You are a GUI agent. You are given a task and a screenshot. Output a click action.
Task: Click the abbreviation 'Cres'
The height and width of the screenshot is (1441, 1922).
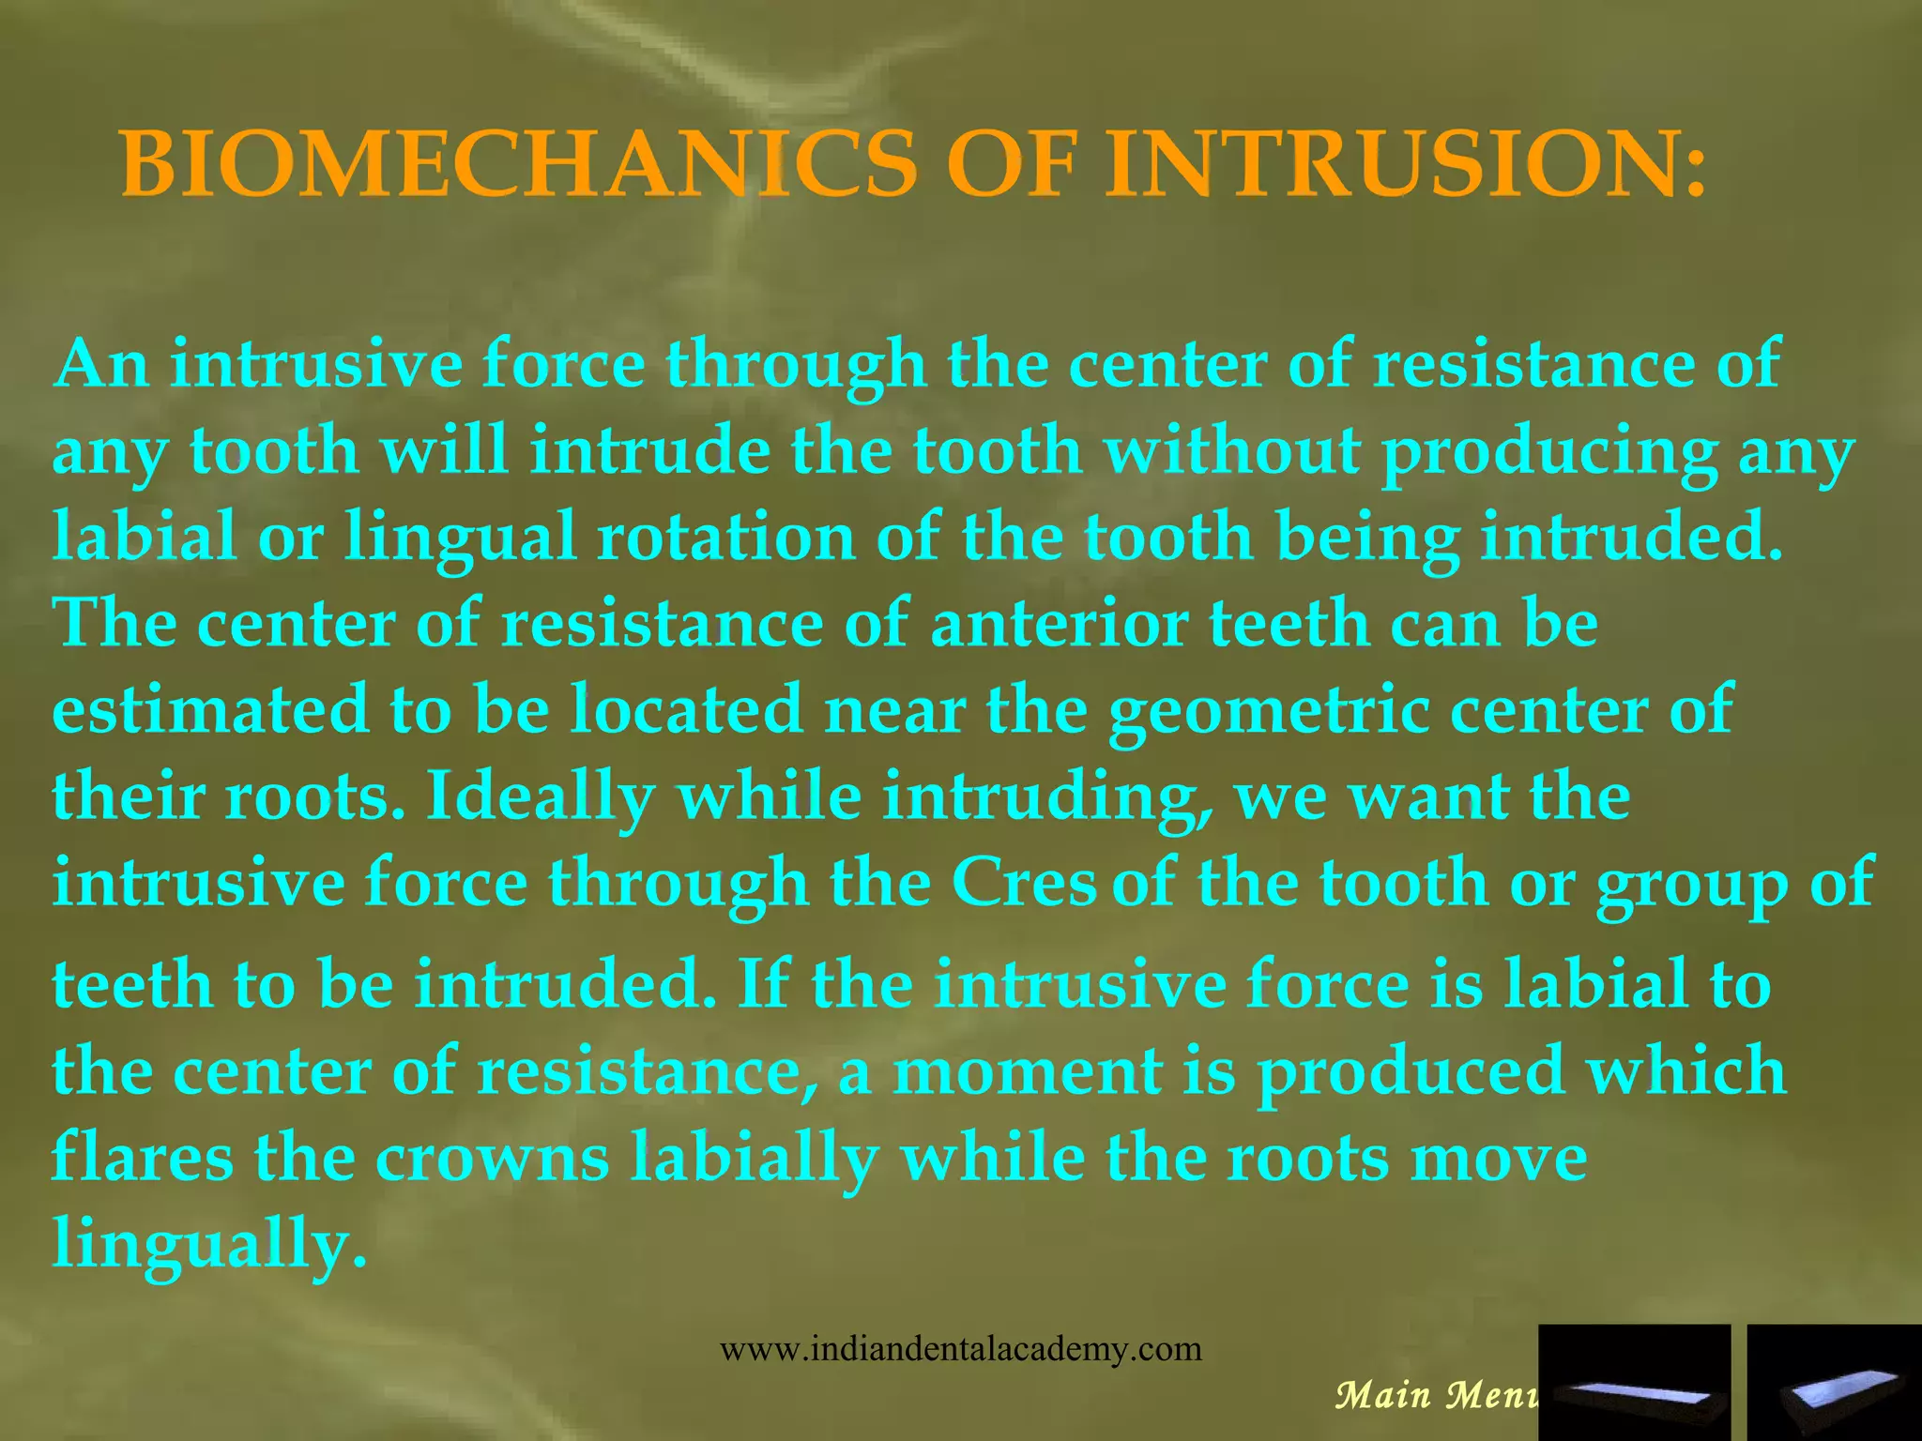coord(1023,883)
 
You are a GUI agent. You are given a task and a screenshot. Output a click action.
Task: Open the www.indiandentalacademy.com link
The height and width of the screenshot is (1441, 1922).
coord(960,1349)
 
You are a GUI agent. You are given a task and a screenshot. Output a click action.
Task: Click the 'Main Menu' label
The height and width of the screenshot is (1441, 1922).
coord(1436,1394)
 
